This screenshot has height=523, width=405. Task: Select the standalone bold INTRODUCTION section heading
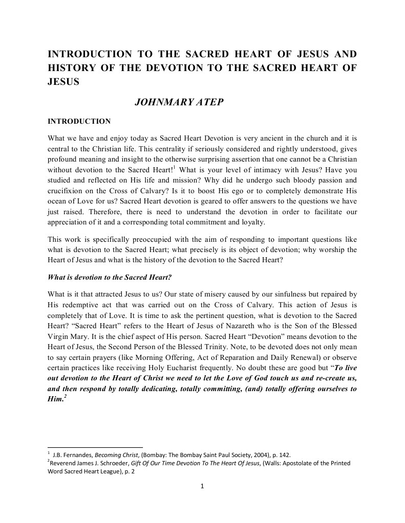click(79, 122)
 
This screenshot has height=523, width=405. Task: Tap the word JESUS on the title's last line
click(63, 81)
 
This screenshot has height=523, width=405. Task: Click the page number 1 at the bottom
click(203, 486)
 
